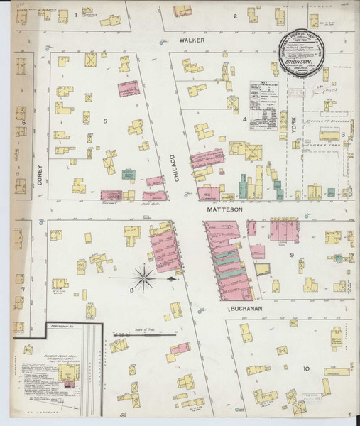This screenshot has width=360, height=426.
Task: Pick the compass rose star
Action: coord(144,278)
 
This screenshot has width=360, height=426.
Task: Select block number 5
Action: coord(105,121)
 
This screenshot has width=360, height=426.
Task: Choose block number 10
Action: coord(306,368)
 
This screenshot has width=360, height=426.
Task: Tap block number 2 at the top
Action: coord(235,15)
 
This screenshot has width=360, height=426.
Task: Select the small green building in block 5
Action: coord(129,174)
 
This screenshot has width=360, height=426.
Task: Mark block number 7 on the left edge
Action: coord(23,289)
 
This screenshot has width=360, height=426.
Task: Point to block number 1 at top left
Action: coord(76,14)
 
